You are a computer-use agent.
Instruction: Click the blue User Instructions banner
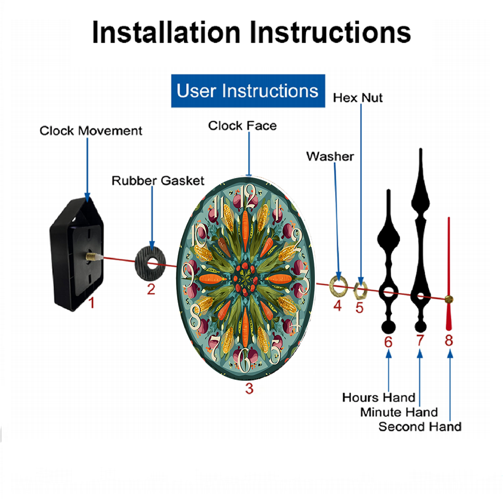248,91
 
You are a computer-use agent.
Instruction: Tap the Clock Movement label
91,131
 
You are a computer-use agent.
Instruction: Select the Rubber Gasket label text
158,181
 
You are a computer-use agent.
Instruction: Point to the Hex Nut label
358,98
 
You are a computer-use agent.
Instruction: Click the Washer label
330,156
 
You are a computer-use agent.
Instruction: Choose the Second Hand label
420,427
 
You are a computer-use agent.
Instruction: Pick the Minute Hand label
399,412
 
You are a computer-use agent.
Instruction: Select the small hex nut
360,291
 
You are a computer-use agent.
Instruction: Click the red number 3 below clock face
249,388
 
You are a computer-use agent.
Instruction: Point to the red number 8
449,341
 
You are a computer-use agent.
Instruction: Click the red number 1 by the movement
92,303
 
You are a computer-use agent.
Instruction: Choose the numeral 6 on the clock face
245,360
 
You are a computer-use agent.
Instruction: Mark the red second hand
449,274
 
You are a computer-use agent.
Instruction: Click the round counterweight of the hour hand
388,327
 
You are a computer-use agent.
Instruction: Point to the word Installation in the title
166,32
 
